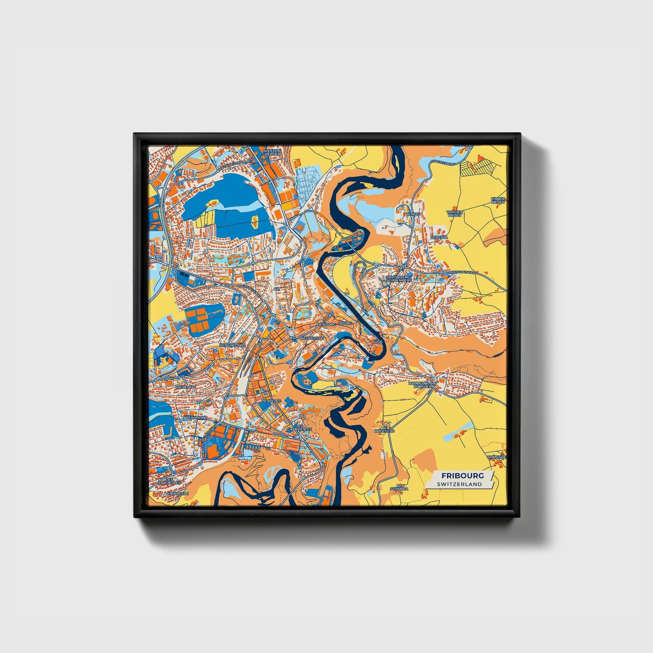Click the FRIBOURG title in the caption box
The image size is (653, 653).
(x=462, y=476)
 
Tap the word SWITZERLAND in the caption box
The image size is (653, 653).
(x=459, y=484)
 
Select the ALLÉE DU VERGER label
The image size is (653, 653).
(x=272, y=152)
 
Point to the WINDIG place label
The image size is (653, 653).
(x=413, y=214)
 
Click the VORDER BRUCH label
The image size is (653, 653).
(x=454, y=213)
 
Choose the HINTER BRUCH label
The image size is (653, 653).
(x=498, y=200)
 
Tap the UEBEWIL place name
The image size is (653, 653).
(x=439, y=237)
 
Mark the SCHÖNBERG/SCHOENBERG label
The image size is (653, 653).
(x=399, y=278)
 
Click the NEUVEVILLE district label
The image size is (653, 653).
(x=312, y=338)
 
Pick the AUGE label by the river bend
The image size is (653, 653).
(x=377, y=342)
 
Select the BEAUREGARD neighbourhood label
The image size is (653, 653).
(x=232, y=345)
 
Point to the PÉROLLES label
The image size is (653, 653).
(x=271, y=401)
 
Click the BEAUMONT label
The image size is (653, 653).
(x=196, y=418)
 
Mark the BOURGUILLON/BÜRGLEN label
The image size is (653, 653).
(x=422, y=385)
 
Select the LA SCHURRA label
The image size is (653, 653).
(x=399, y=487)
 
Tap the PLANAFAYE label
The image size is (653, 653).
(x=177, y=494)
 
